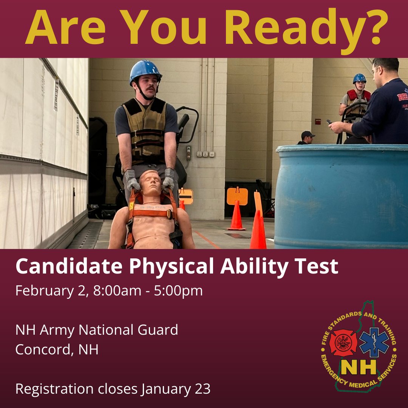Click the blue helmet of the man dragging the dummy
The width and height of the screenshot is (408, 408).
[x=145, y=71]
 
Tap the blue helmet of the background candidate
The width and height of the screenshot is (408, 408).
[x=359, y=78]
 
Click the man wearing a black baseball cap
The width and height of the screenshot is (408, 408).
[x=307, y=138]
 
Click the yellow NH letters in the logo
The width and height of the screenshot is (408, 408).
[x=359, y=366]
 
